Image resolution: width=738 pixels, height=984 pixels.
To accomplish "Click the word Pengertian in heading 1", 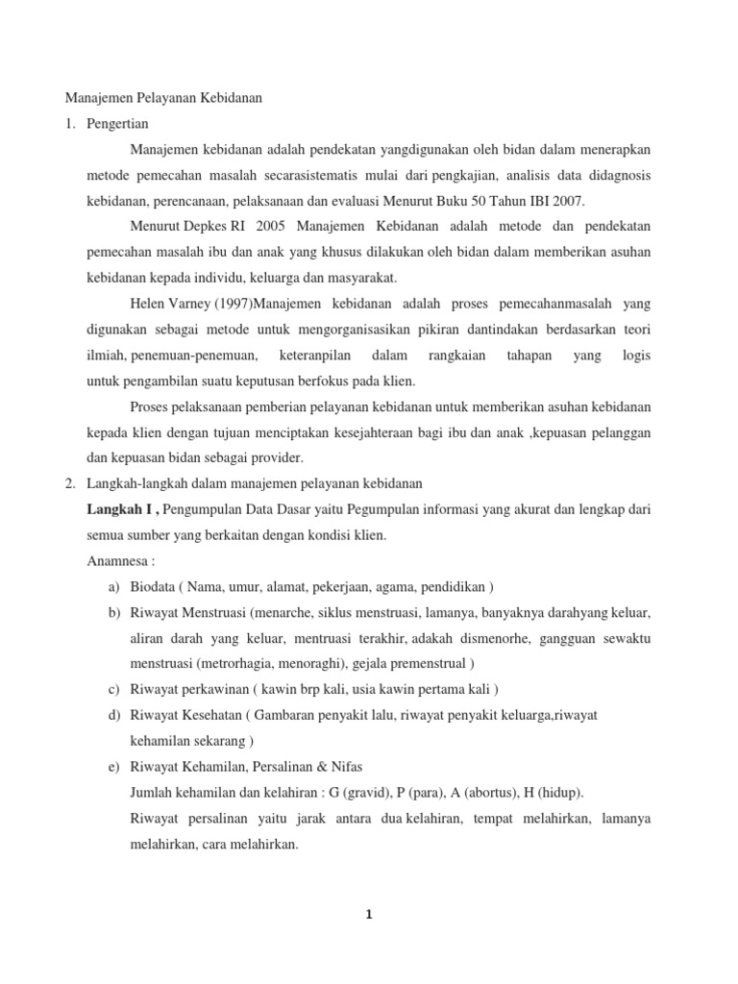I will point(117,124).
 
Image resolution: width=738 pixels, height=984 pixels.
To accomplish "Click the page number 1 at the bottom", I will point(369,914).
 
